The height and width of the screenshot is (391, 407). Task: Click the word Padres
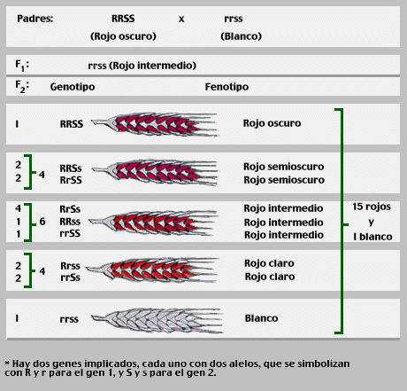click(35, 19)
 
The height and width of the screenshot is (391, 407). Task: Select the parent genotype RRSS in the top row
click(123, 19)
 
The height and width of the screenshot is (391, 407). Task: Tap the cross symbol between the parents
click(181, 20)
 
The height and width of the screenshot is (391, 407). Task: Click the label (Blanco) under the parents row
click(241, 36)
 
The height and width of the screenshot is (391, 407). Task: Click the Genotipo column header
click(73, 87)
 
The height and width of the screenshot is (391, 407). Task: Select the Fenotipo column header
click(227, 87)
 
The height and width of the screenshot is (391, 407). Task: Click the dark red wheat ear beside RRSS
click(154, 124)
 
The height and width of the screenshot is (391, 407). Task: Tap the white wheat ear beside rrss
click(157, 320)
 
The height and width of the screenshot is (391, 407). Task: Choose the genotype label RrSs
click(70, 209)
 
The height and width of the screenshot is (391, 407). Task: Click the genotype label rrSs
click(70, 278)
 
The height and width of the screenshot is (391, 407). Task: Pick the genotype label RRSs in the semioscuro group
click(71, 168)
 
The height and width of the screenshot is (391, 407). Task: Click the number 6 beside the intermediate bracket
click(42, 222)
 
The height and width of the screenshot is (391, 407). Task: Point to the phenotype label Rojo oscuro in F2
click(272, 123)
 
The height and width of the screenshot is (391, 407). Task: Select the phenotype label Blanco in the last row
click(261, 318)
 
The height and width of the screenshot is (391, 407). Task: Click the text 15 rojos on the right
click(372, 207)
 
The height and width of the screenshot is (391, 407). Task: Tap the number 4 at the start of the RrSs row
click(19, 208)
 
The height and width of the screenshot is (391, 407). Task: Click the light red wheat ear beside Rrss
click(152, 270)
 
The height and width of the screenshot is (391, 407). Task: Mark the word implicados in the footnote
click(111, 364)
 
